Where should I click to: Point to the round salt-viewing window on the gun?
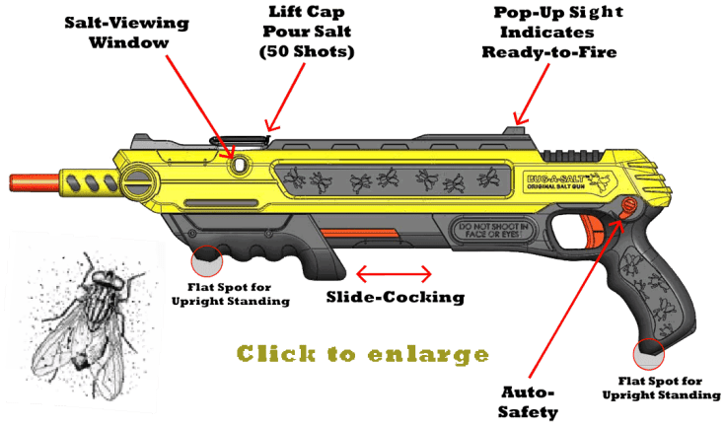(x=239, y=163)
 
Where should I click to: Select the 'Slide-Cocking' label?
(x=394, y=295)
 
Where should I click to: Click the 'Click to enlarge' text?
(x=362, y=353)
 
